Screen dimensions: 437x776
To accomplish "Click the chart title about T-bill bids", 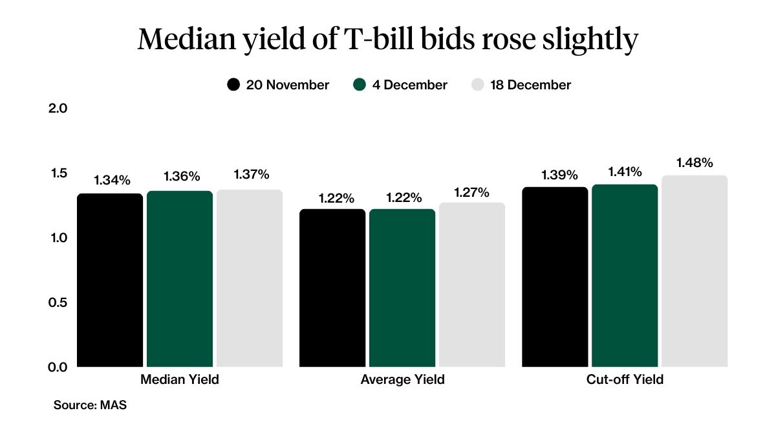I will pyautogui.click(x=388, y=40).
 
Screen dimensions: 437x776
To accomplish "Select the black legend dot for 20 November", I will pyautogui.click(x=233, y=85).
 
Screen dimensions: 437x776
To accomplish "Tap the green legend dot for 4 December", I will pyautogui.click(x=360, y=85).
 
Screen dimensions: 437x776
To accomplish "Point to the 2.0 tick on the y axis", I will pyautogui.click(x=58, y=108).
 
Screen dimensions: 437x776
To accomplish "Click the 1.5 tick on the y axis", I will pyautogui.click(x=58, y=173).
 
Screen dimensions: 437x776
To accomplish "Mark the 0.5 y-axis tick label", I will pyautogui.click(x=58, y=302).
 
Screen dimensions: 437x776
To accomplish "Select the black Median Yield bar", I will pyautogui.click(x=110, y=280).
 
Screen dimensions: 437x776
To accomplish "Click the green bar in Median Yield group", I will pyautogui.click(x=180, y=278).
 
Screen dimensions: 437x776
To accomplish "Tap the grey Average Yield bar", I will pyautogui.click(x=472, y=285).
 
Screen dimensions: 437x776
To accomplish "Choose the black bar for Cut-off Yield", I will pyautogui.click(x=555, y=276).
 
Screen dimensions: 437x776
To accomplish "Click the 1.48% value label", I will pyautogui.click(x=695, y=162).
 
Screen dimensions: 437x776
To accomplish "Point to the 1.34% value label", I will pyautogui.click(x=110, y=180).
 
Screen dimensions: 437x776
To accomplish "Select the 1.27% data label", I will pyautogui.click(x=472, y=192).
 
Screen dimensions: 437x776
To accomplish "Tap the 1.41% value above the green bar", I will pyautogui.click(x=625, y=172).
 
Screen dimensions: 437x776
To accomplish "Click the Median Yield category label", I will pyautogui.click(x=180, y=380).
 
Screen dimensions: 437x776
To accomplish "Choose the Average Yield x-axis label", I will pyautogui.click(x=402, y=380).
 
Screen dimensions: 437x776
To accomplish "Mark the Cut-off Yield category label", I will pyautogui.click(x=625, y=380).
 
